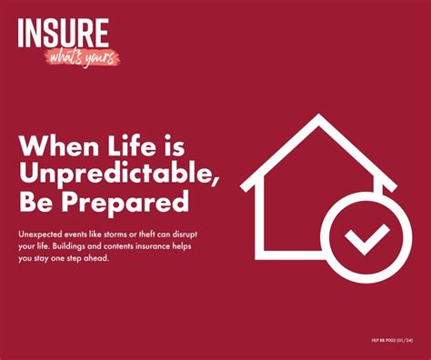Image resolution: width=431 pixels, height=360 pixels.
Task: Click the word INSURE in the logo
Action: [63, 34]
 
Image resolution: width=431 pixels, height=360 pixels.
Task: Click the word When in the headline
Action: [55, 145]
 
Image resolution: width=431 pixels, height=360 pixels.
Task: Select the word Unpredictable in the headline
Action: [115, 173]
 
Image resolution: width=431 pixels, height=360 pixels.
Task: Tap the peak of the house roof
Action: [318, 119]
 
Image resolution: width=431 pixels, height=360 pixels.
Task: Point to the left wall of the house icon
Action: [259, 223]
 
